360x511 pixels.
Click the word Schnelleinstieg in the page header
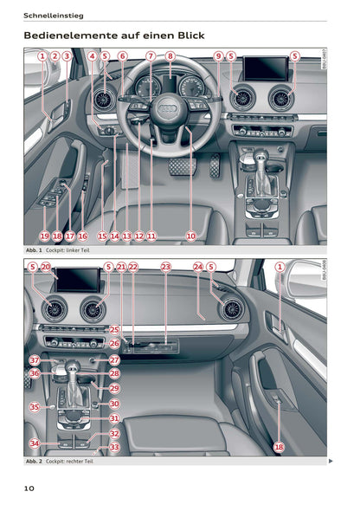[x=51, y=14]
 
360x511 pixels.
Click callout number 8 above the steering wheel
[x=170, y=56]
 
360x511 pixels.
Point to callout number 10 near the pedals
[x=190, y=235]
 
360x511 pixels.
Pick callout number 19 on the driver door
[x=44, y=235]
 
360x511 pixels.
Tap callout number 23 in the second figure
[x=165, y=267]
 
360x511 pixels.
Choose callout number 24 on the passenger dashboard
[x=198, y=267]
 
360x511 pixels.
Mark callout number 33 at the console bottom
[x=114, y=448]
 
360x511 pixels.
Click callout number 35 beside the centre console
[x=35, y=406]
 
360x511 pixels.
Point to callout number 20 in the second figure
[x=45, y=267]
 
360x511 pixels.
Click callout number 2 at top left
[x=55, y=56]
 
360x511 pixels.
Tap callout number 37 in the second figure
[x=35, y=359]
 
